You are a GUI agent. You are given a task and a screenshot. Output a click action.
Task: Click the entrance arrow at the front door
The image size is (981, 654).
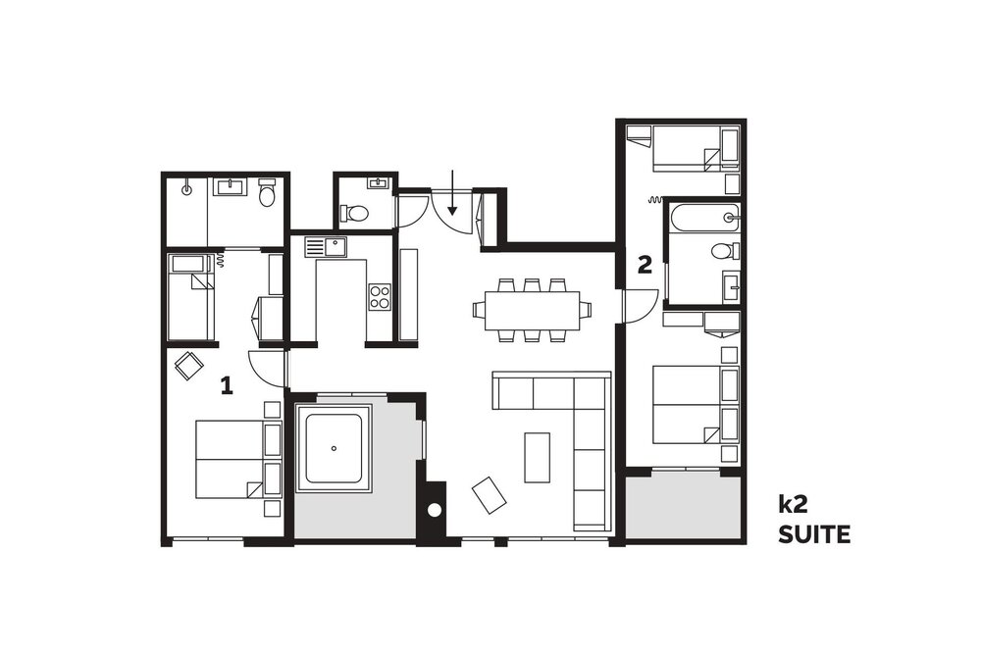[451, 192]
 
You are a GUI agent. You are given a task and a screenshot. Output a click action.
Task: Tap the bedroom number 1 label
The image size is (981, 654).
[227, 385]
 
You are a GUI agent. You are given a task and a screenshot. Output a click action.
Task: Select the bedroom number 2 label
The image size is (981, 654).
[645, 265]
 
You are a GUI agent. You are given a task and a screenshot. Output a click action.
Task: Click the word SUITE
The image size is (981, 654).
[814, 534]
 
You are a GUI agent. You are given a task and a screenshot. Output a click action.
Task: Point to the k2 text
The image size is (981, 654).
[789, 503]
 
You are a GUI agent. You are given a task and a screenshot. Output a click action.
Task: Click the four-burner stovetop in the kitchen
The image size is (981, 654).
[379, 296]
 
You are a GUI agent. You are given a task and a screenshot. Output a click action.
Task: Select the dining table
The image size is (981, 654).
[533, 310]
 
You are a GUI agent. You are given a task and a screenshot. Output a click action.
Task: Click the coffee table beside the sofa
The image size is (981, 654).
[537, 457]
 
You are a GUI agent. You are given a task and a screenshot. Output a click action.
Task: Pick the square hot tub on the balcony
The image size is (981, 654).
[335, 448]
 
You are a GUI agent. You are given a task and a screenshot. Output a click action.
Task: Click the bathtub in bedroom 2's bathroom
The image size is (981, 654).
[703, 217]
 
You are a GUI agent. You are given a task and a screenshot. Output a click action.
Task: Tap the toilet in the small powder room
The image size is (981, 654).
[355, 214]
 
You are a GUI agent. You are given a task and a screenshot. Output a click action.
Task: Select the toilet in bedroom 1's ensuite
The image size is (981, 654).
[268, 192]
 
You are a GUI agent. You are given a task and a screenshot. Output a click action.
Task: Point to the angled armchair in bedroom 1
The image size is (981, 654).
[189, 366]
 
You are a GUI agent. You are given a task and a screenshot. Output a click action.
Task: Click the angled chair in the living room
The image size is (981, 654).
[490, 496]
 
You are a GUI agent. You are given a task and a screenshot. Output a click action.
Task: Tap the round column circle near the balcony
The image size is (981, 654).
[434, 510]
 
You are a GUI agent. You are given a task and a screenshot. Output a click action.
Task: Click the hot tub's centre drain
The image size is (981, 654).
[335, 448]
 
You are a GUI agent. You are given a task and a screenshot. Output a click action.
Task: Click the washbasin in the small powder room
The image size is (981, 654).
[378, 183]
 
